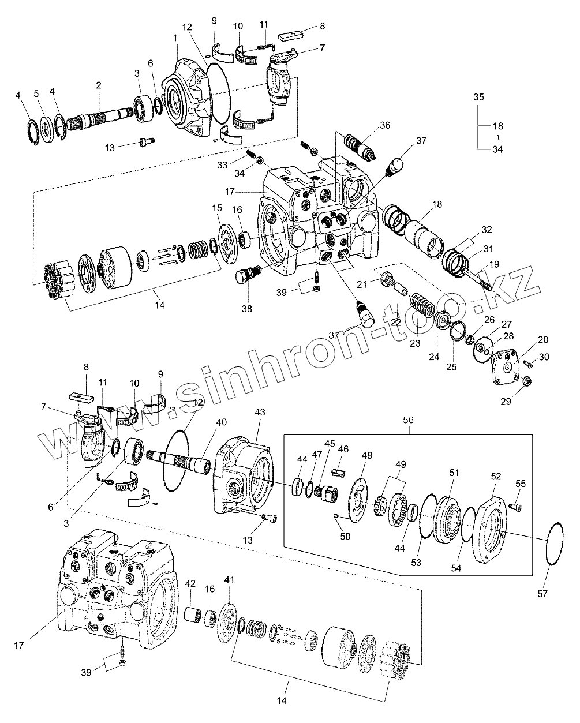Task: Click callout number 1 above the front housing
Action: click(x=175, y=38)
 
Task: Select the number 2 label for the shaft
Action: click(x=99, y=85)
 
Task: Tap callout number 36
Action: click(x=385, y=125)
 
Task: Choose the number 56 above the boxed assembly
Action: click(x=407, y=422)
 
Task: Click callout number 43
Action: click(x=260, y=413)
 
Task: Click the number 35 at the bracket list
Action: click(x=479, y=97)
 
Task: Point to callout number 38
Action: click(x=247, y=309)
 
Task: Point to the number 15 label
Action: click(x=217, y=207)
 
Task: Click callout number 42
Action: click(x=190, y=583)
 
